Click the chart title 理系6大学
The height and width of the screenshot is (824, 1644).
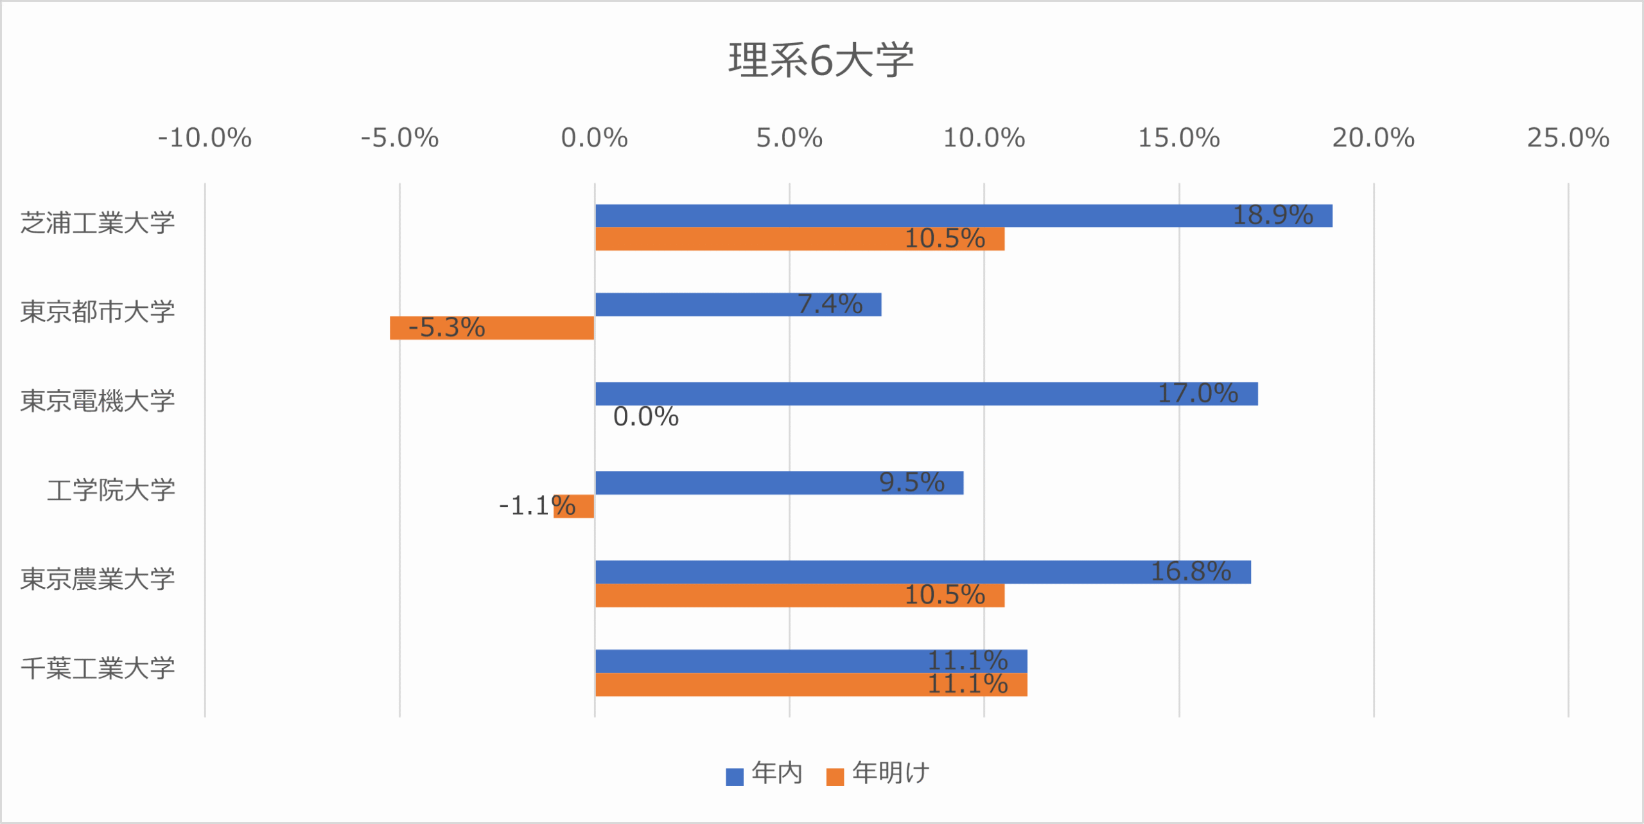(821, 60)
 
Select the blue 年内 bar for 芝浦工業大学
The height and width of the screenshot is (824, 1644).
(899, 216)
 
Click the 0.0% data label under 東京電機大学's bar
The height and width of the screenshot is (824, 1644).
(645, 417)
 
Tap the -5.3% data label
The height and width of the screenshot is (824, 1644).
(447, 328)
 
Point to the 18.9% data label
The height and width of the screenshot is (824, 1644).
(1273, 215)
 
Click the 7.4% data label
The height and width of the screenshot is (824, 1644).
(830, 304)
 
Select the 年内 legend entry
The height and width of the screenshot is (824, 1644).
(765, 774)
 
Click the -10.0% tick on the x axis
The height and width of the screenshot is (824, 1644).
(205, 138)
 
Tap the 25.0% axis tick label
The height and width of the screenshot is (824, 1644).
(1568, 138)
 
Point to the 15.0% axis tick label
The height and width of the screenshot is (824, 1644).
(1178, 138)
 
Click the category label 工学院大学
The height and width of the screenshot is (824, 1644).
(111, 490)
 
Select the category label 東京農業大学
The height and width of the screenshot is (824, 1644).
(98, 579)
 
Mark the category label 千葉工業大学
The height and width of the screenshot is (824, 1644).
(98, 668)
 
